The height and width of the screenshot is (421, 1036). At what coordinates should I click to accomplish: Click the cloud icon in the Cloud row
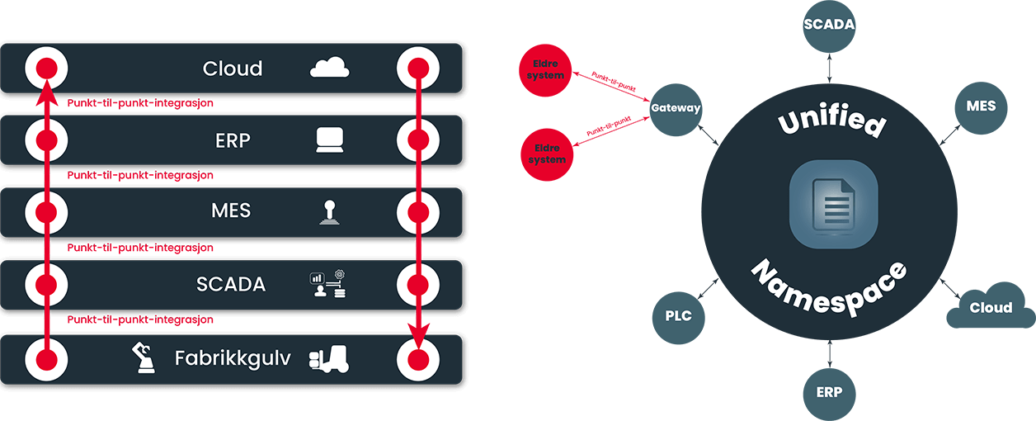pos(330,68)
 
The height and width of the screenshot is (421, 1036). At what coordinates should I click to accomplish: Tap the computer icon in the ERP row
pos(329,140)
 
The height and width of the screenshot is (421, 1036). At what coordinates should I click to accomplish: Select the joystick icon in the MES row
pos(328,212)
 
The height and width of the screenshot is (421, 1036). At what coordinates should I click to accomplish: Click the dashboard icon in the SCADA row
pos(327,284)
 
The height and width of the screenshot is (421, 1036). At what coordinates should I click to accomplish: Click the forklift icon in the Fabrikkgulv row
pos(328,358)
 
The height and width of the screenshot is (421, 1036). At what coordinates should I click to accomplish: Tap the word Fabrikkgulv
pos(233,358)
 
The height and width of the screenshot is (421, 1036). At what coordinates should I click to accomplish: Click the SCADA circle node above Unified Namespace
pos(829,24)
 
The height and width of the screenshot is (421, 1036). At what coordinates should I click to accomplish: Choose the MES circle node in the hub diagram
pos(981,106)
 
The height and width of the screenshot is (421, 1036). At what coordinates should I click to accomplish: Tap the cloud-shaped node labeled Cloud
pos(990,308)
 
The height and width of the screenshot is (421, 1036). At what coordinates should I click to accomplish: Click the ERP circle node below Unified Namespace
pos(829,392)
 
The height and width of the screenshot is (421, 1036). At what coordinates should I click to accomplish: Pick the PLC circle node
pos(678,316)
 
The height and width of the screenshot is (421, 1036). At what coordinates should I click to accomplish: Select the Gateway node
pos(676,108)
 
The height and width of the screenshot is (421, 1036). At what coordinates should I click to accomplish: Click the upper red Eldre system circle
pos(546,71)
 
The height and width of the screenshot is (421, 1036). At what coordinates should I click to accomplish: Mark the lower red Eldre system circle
pos(546,154)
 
